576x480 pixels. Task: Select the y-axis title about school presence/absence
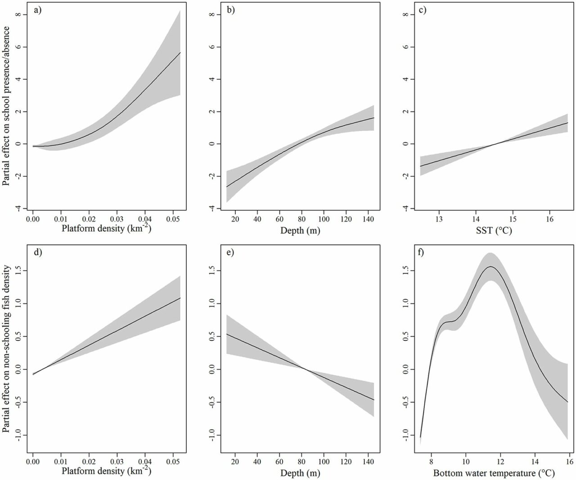[x=6, y=103]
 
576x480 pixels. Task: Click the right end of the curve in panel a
[x=180, y=53]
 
